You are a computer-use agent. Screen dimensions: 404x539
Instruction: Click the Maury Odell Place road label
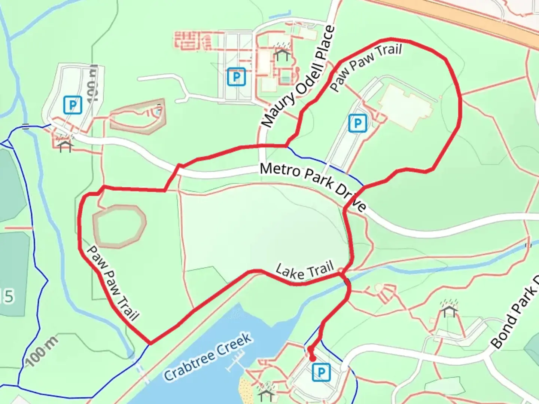[298, 77]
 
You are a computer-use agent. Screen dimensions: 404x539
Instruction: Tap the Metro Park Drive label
[313, 185]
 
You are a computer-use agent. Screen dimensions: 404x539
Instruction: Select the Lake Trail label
[304, 270]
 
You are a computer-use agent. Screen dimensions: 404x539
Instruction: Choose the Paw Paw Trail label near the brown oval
[113, 283]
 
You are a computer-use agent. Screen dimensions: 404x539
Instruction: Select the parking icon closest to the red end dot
[321, 372]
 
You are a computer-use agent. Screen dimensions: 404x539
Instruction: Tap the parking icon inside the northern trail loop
[357, 123]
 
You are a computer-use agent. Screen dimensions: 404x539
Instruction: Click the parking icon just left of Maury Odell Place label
[236, 77]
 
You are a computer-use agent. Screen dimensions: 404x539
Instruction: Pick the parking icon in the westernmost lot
[73, 105]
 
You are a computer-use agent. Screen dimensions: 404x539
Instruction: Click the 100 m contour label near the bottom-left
[42, 351]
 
